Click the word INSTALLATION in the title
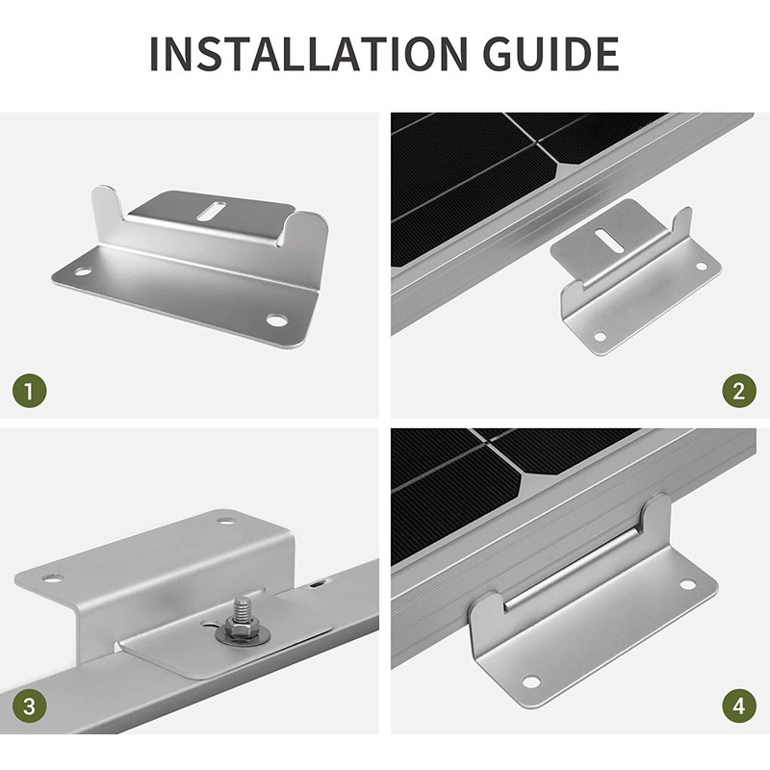(308, 54)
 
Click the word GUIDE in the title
(550, 54)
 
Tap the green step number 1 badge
(30, 392)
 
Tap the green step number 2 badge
(739, 391)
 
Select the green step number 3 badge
(30, 706)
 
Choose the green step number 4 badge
(739, 706)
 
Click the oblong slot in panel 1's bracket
(211, 210)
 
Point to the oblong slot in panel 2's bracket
(603, 238)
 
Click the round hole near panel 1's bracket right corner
(276, 321)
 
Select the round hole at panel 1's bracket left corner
(83, 271)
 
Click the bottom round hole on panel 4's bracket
(531, 681)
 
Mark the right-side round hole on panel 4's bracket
(687, 584)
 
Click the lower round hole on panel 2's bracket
(600, 336)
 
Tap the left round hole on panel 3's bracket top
(51, 578)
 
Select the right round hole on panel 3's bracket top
(226, 520)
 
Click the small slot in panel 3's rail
(316, 584)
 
